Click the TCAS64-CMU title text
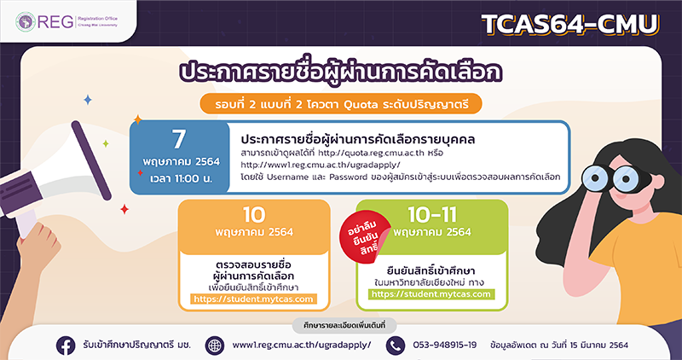coord(570,26)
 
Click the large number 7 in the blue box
coord(179,139)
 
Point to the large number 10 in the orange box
coord(254,215)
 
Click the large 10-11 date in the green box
coord(431,214)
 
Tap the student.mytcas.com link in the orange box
coord(253,299)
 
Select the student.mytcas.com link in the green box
coord(431,294)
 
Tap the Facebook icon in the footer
coord(66,345)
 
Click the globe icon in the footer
coord(215,345)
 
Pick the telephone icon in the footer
coord(396,345)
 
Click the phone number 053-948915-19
coord(444,345)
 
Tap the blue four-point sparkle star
coord(88,100)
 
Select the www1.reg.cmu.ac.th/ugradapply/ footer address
coord(302,345)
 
